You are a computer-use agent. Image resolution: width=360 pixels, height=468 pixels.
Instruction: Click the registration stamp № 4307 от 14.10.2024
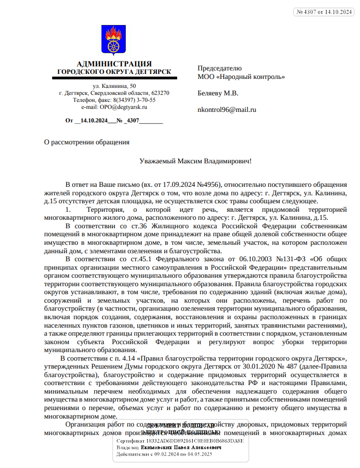pyautogui.click(x=324, y=12)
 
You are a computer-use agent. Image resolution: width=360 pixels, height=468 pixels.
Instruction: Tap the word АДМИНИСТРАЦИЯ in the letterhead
pyautogui.click(x=114, y=64)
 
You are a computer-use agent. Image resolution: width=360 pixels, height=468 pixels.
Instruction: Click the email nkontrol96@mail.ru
pyautogui.click(x=227, y=109)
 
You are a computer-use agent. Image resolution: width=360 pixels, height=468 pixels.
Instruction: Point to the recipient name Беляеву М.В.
pyautogui.click(x=218, y=93)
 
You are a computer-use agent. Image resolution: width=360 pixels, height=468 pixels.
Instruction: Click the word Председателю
pyautogui.click(x=220, y=68)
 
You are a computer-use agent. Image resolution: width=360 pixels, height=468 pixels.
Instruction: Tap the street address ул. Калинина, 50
pyautogui.click(x=114, y=86)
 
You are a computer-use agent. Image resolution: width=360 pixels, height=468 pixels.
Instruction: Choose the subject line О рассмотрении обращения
pyautogui.click(x=87, y=142)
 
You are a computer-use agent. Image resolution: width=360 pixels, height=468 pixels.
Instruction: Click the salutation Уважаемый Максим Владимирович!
pyautogui.click(x=195, y=161)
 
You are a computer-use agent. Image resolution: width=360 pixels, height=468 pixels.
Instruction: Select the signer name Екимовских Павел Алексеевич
pyautogui.click(x=181, y=448)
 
